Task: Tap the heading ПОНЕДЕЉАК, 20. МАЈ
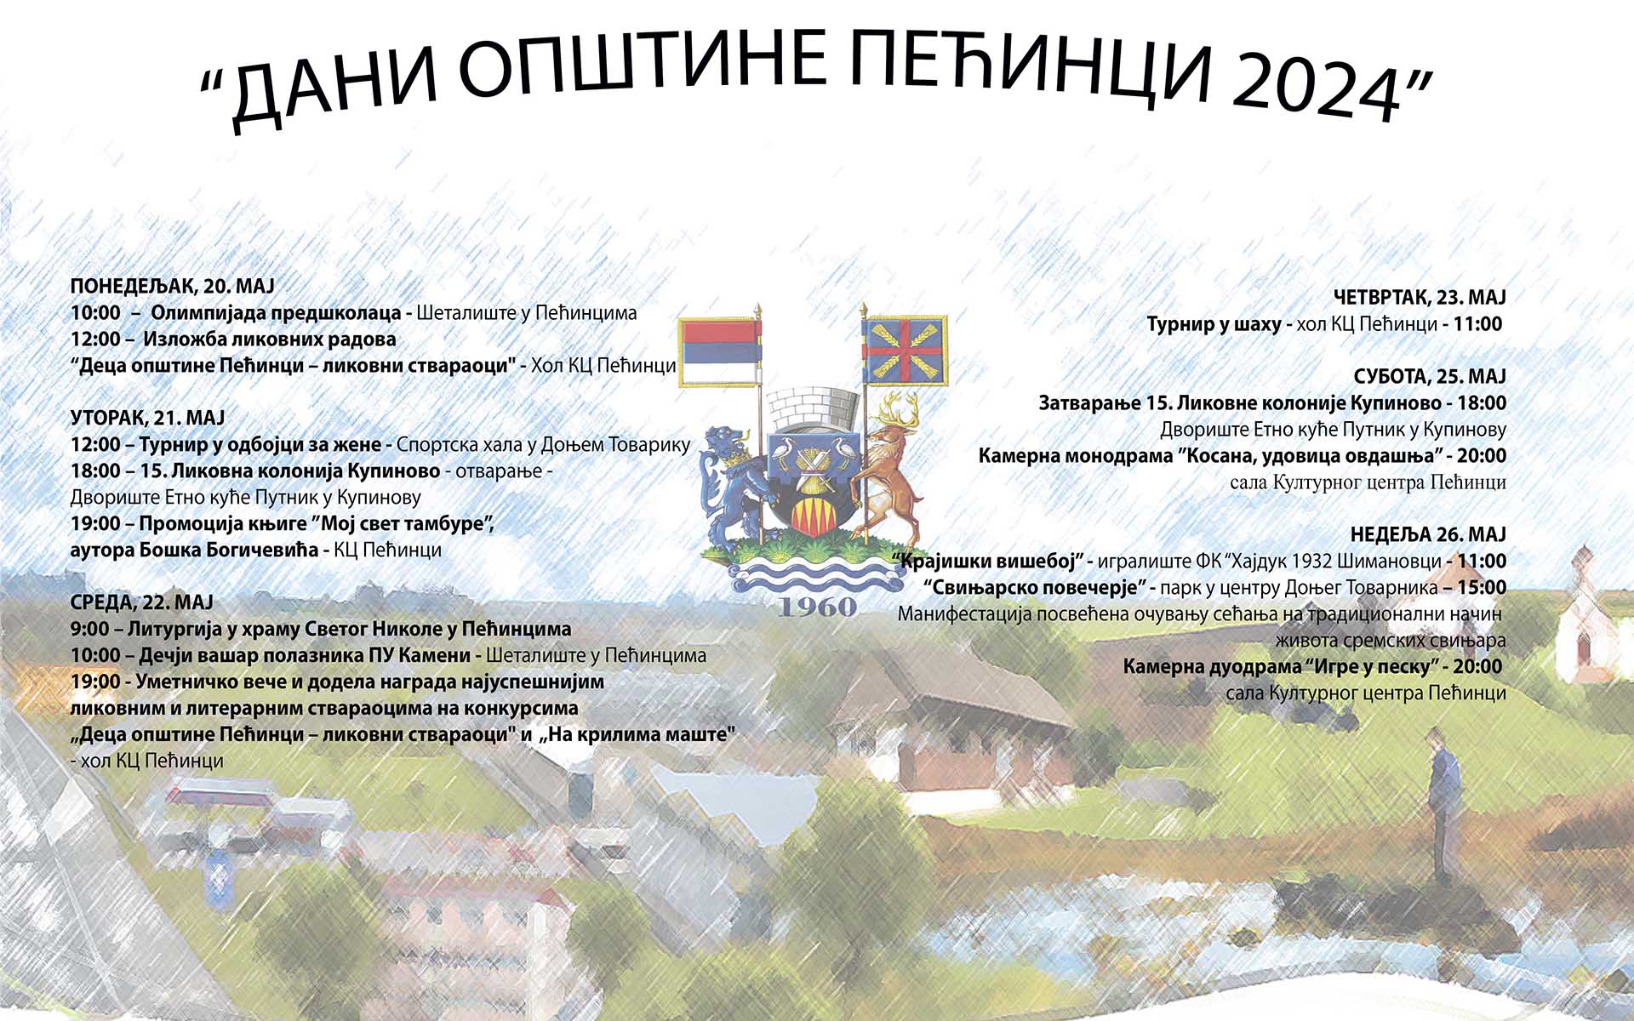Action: [x=173, y=286]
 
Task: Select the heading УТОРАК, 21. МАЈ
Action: [x=147, y=418]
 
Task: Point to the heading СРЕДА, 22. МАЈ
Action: [x=141, y=602]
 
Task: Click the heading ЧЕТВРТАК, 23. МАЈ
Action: [x=1420, y=298]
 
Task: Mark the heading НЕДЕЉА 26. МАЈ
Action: [x=1428, y=534]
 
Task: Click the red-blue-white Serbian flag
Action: [x=719, y=351]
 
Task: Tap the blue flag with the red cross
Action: [x=905, y=350]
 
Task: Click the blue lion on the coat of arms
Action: [x=728, y=485]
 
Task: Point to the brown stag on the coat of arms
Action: [x=889, y=468]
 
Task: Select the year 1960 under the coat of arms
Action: [x=817, y=607]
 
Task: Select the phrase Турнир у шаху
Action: [x=1214, y=324]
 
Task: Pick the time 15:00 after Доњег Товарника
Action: [x=1482, y=587]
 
